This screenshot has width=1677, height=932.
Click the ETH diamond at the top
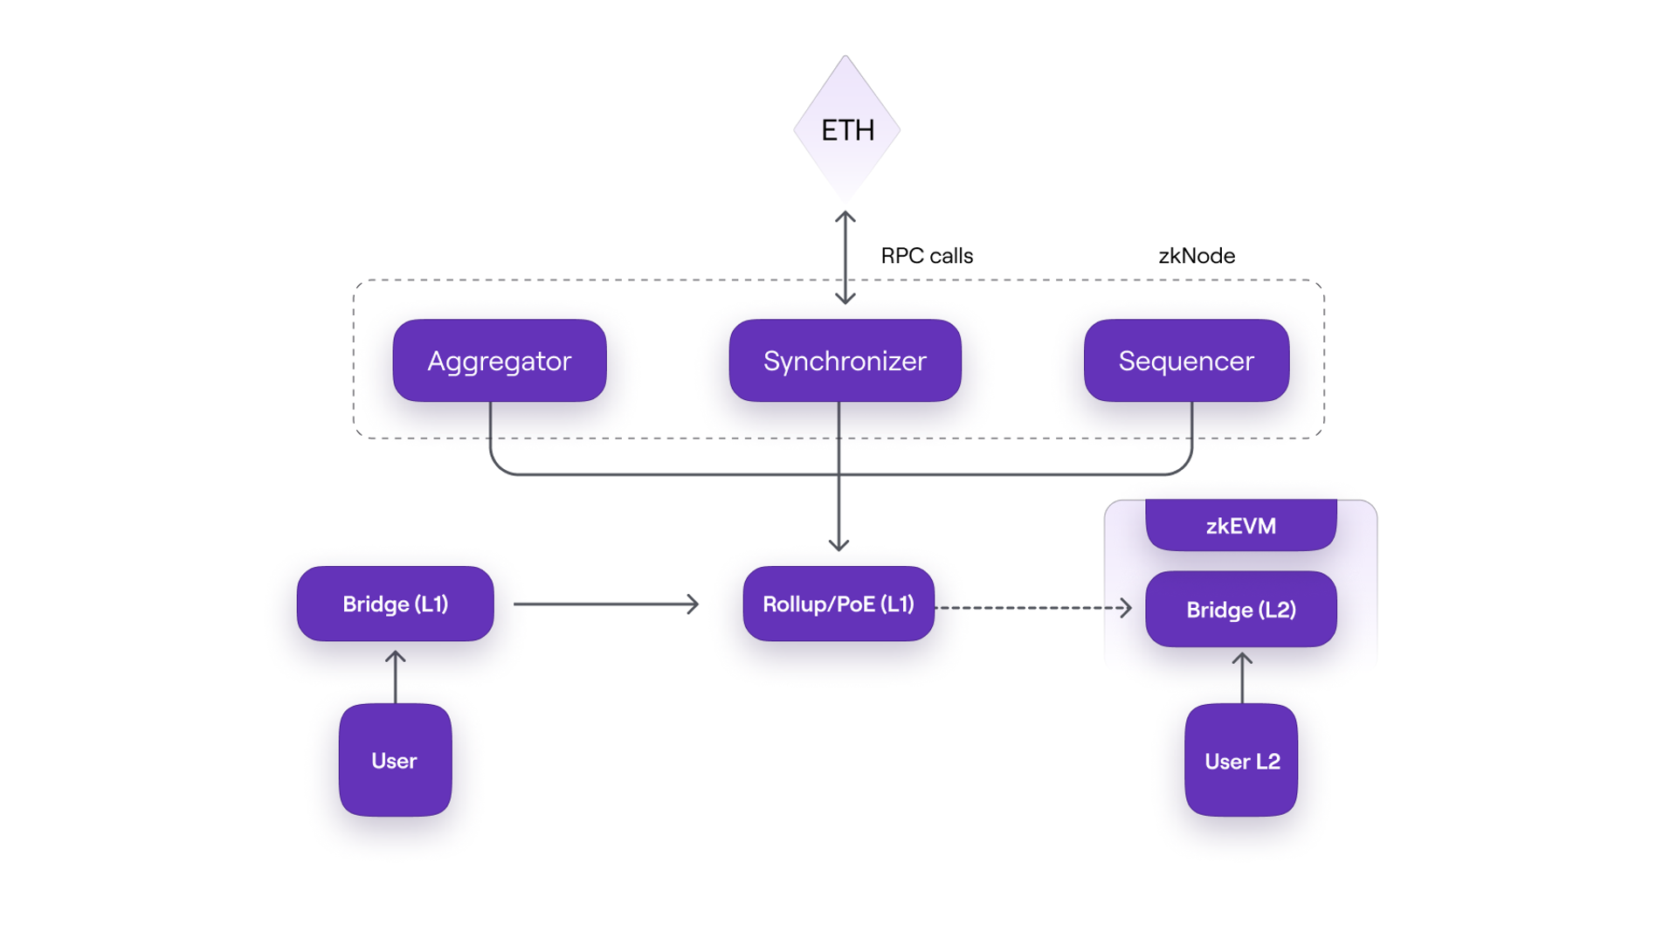(846, 129)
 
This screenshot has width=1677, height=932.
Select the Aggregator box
(499, 360)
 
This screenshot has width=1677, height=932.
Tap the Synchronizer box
(845, 360)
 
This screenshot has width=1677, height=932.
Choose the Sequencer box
(1185, 360)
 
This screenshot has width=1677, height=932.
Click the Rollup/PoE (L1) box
(838, 604)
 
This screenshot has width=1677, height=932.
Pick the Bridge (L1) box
(395, 604)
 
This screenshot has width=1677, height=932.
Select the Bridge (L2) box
(1240, 609)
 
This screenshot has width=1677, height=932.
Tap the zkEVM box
(1240, 525)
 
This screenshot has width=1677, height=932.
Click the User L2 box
(1240, 760)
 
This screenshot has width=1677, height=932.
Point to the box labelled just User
(395, 760)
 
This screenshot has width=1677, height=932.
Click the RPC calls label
(926, 256)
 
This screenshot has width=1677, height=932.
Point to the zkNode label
(1196, 256)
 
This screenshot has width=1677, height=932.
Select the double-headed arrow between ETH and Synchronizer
(845, 258)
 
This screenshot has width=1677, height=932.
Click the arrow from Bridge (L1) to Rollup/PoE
(606, 604)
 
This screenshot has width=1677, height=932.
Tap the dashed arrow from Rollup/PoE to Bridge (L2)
(1033, 607)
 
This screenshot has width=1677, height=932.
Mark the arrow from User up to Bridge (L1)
(395, 676)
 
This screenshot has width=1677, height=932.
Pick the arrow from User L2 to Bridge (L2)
(1241, 678)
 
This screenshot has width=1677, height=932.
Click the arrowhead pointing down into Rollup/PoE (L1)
(838, 545)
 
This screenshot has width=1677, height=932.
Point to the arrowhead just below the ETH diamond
(845, 217)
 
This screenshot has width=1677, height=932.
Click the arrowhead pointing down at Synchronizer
(845, 299)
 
